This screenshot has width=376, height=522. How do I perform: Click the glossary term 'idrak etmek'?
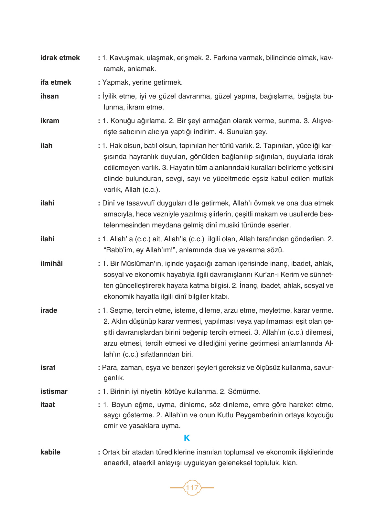click(60, 58)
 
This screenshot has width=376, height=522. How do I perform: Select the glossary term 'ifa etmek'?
click(56, 82)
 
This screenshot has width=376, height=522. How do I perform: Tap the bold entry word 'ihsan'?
click(49, 96)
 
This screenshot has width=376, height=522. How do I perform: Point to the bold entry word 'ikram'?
click(50, 121)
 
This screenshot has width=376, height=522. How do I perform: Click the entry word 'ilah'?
click(46, 146)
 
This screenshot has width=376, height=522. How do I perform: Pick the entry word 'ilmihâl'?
click(51, 264)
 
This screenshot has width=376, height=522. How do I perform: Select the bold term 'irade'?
click(48, 310)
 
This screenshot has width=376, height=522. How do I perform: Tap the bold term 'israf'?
click(48, 368)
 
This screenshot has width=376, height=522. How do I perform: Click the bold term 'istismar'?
click(54, 391)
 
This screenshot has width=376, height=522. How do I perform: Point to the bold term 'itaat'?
click(48, 405)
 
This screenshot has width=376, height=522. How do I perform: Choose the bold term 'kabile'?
click(50, 452)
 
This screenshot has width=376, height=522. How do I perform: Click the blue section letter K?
click(187, 438)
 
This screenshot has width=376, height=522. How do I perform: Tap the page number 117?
click(192, 487)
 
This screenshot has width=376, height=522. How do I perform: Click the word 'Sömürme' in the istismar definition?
click(243, 391)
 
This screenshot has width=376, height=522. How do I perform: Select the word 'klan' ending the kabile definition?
click(290, 463)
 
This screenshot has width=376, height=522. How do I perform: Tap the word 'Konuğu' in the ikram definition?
click(122, 121)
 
